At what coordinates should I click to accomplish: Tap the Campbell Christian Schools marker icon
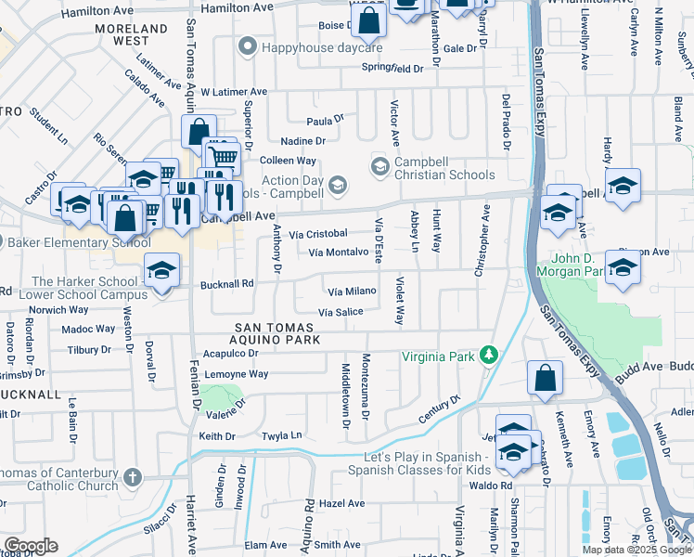click(379, 166)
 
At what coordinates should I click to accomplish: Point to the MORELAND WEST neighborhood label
click(134, 35)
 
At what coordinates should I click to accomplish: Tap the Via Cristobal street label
click(317, 234)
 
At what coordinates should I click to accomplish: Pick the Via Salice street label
click(341, 312)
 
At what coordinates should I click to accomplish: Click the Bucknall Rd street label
click(227, 284)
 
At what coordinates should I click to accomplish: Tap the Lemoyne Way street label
click(236, 374)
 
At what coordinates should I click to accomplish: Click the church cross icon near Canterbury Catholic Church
click(133, 478)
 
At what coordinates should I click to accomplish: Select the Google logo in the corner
click(31, 546)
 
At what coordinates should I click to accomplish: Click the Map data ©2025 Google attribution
click(636, 550)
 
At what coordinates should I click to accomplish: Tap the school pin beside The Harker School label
click(161, 272)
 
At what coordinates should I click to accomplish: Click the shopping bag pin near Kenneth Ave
click(545, 377)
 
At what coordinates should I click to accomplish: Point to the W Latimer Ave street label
click(233, 92)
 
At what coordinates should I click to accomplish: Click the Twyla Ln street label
click(283, 435)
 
